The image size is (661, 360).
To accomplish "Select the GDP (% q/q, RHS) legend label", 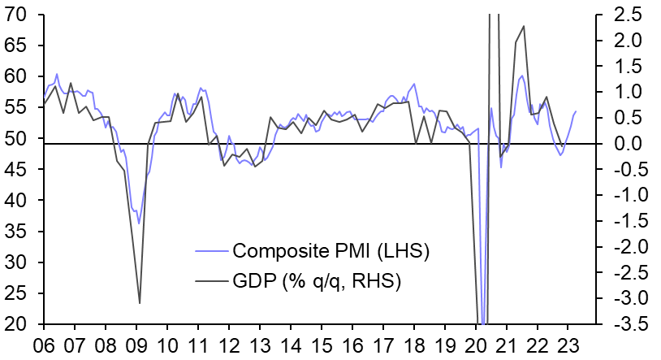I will tap(318, 280).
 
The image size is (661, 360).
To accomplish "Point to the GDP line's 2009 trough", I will tap(140, 303).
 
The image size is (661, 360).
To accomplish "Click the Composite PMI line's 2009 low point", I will tap(139, 223).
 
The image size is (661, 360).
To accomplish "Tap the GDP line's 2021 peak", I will tap(523, 26).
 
